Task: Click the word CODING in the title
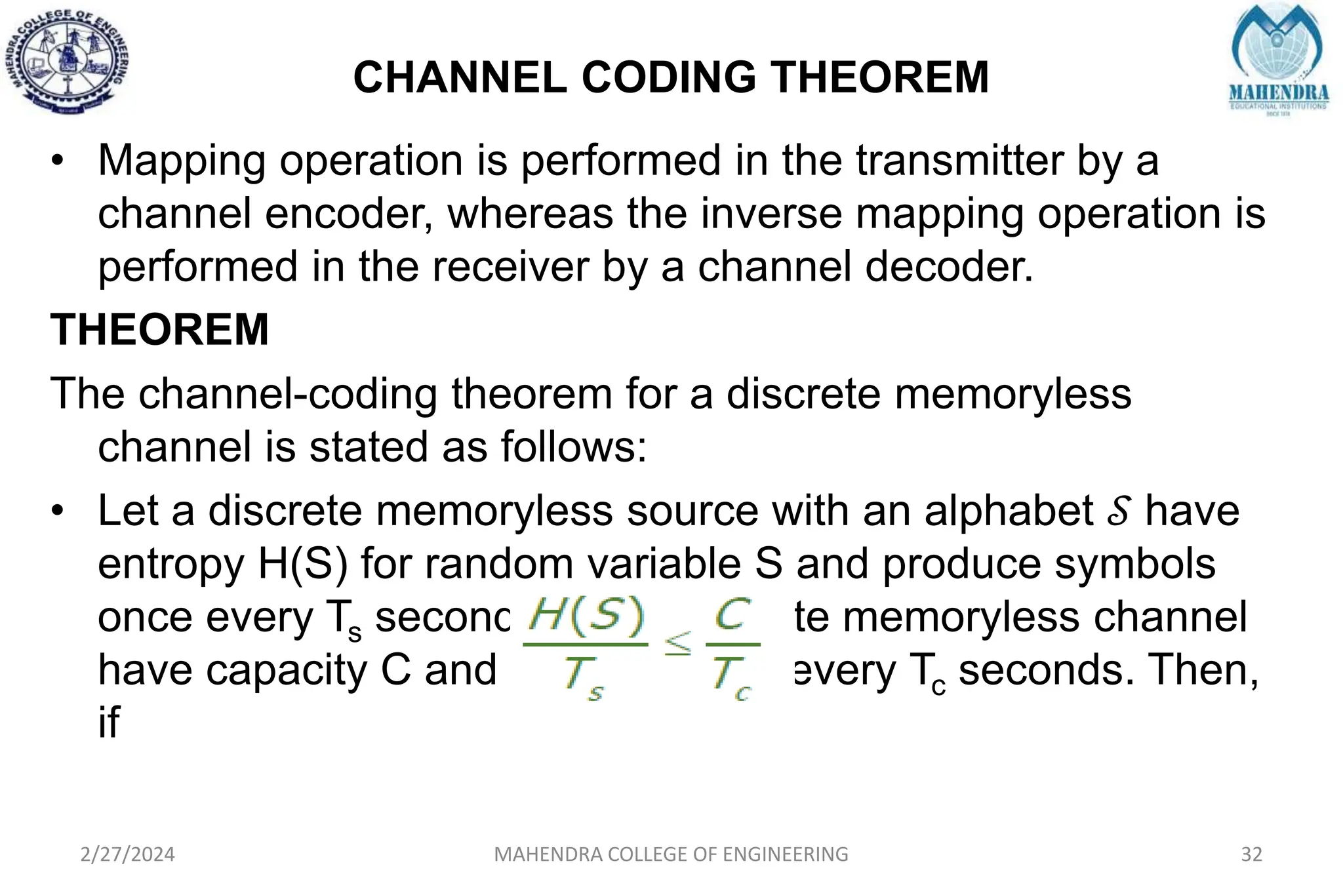pos(669,77)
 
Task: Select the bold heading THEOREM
pos(159,329)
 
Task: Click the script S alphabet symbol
pos(1119,511)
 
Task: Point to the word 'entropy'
pos(171,565)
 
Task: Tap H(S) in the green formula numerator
pos(587,618)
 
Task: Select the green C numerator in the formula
pos(732,616)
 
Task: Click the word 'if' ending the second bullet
pos(109,723)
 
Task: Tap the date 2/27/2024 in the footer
pos(127,854)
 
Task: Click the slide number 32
pos(1252,854)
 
